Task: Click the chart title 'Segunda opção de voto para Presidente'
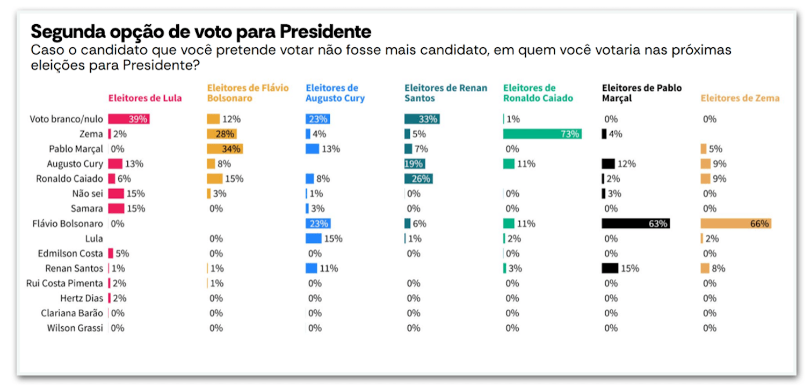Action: point(201,32)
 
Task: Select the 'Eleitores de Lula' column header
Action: point(145,98)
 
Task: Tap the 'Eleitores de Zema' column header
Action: point(740,98)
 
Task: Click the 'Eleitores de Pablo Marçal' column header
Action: point(642,93)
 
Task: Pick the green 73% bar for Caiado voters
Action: point(542,134)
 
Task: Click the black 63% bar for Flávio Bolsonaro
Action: point(636,224)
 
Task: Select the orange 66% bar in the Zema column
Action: point(736,224)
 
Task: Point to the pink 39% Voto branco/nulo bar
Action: point(129,119)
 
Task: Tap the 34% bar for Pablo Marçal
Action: point(225,149)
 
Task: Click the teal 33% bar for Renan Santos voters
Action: point(422,119)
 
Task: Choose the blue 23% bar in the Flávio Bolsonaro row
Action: point(318,224)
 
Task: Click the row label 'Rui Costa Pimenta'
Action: point(64,283)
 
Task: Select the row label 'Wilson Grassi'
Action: point(75,328)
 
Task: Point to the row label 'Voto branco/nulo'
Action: point(66,119)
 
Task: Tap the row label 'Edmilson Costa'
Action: point(70,253)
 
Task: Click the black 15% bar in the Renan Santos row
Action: point(610,268)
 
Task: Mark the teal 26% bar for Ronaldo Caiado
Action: point(418,178)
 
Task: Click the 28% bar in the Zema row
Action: point(222,134)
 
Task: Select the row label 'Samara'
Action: point(87,209)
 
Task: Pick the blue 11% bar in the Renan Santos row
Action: point(312,268)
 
